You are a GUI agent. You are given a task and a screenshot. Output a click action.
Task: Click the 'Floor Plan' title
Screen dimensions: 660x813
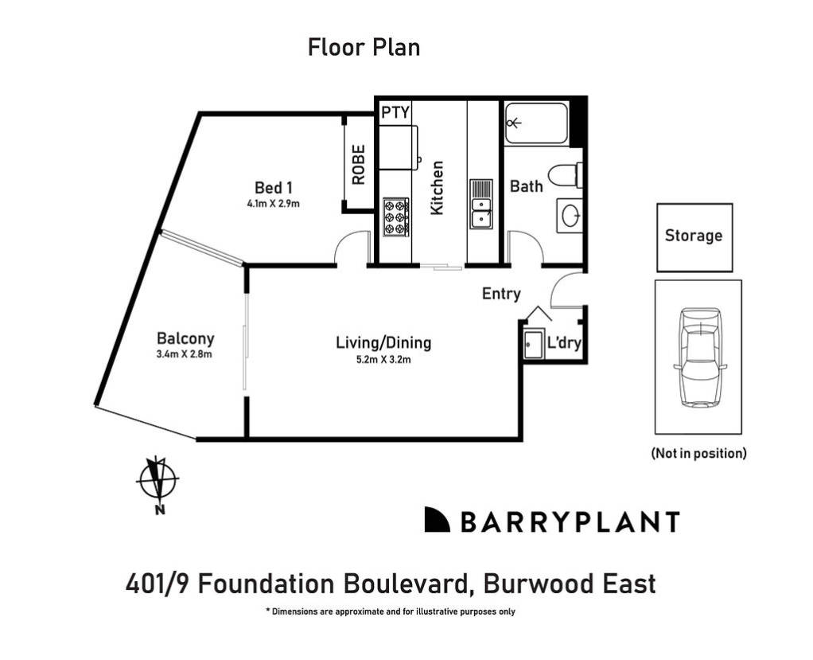(364, 48)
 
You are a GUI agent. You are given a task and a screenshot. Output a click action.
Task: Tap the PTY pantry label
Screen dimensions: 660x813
(395, 112)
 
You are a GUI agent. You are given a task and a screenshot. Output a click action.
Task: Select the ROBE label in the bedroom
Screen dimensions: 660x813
(359, 164)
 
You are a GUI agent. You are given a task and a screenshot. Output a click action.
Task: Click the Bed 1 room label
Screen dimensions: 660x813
(274, 188)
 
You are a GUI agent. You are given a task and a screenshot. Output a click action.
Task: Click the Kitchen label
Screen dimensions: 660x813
(437, 187)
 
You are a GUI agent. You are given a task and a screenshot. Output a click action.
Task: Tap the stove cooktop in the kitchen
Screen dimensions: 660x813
(395, 216)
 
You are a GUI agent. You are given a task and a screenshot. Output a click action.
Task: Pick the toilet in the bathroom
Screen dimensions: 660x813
(570, 175)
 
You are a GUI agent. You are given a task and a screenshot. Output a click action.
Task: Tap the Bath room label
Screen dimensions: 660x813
(527, 186)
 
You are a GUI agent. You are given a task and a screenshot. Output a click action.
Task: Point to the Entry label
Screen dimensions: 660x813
(501, 294)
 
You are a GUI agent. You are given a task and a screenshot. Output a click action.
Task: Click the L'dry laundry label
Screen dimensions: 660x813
(565, 343)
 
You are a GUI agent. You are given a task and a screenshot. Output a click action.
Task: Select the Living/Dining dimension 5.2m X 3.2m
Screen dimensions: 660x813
(383, 359)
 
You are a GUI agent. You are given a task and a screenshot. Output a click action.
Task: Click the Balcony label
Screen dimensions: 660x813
(185, 338)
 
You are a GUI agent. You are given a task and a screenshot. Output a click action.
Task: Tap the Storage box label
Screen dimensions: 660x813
(694, 236)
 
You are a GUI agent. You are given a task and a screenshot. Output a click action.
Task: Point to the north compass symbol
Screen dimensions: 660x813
(158, 480)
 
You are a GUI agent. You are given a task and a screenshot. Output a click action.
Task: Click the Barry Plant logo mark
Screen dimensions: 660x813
(438, 519)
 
